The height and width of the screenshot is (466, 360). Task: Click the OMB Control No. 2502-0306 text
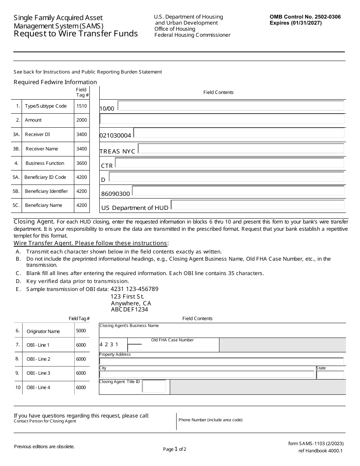tap(305, 17)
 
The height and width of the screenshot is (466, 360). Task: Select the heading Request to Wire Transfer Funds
tap(76, 34)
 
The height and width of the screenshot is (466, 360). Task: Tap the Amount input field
tap(222, 119)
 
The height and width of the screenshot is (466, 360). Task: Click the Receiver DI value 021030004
tap(115, 136)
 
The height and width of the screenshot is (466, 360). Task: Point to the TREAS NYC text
tap(117, 151)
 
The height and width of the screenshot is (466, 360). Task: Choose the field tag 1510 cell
tap(81, 106)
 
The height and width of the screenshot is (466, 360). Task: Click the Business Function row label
tap(45, 163)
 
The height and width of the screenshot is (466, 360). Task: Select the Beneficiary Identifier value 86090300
tap(115, 194)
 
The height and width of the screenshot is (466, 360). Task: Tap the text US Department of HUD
tap(135, 208)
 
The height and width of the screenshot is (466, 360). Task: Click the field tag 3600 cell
tap(81, 163)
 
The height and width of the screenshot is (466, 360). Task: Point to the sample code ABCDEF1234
tap(129, 310)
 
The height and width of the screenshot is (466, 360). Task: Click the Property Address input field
tap(221, 361)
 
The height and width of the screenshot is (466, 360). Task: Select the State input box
tap(330, 375)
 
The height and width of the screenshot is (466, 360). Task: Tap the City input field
tap(207, 375)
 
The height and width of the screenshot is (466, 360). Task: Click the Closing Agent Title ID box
tap(154, 386)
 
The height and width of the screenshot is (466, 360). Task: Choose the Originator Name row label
tap(43, 332)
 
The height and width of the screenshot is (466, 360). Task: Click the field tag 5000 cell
tap(81, 331)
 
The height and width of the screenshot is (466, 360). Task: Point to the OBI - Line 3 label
tap(38, 373)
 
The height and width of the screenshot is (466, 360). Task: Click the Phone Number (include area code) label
tap(210, 420)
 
